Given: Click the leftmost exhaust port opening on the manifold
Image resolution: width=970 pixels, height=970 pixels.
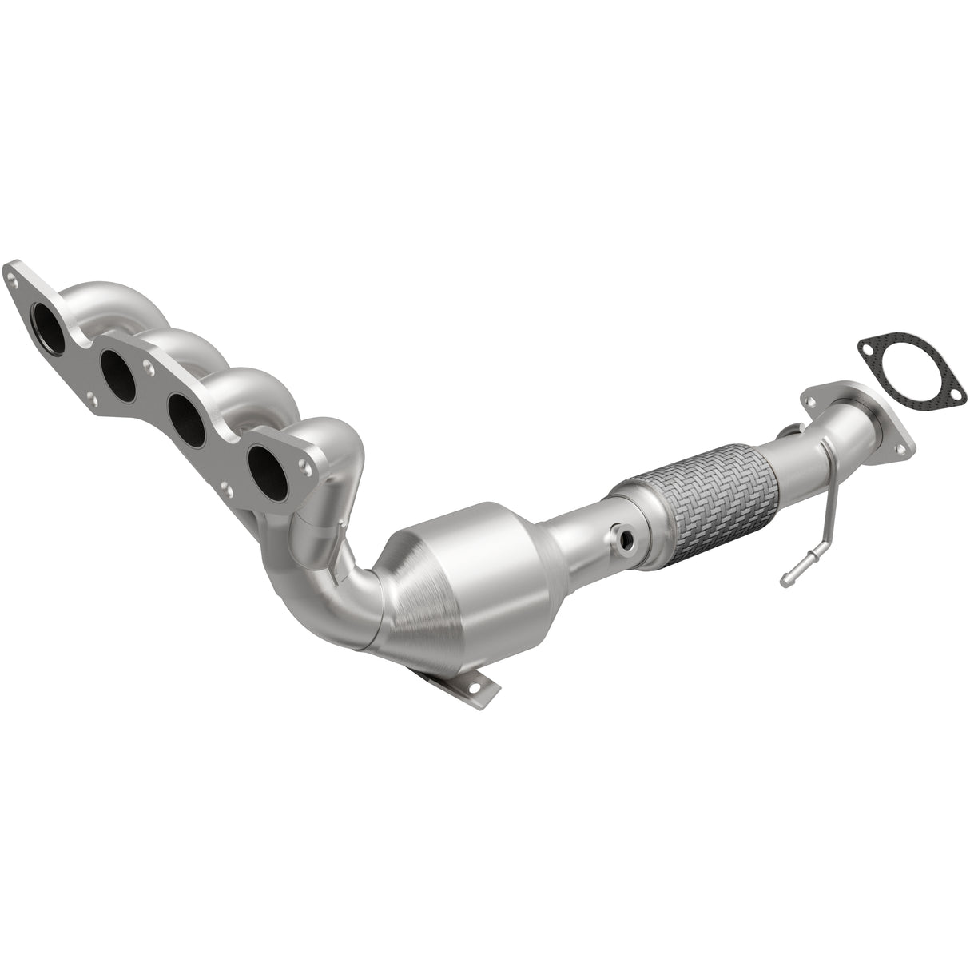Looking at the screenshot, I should point(46,324).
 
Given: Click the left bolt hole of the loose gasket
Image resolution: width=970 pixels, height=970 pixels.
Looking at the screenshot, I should point(866,347).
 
